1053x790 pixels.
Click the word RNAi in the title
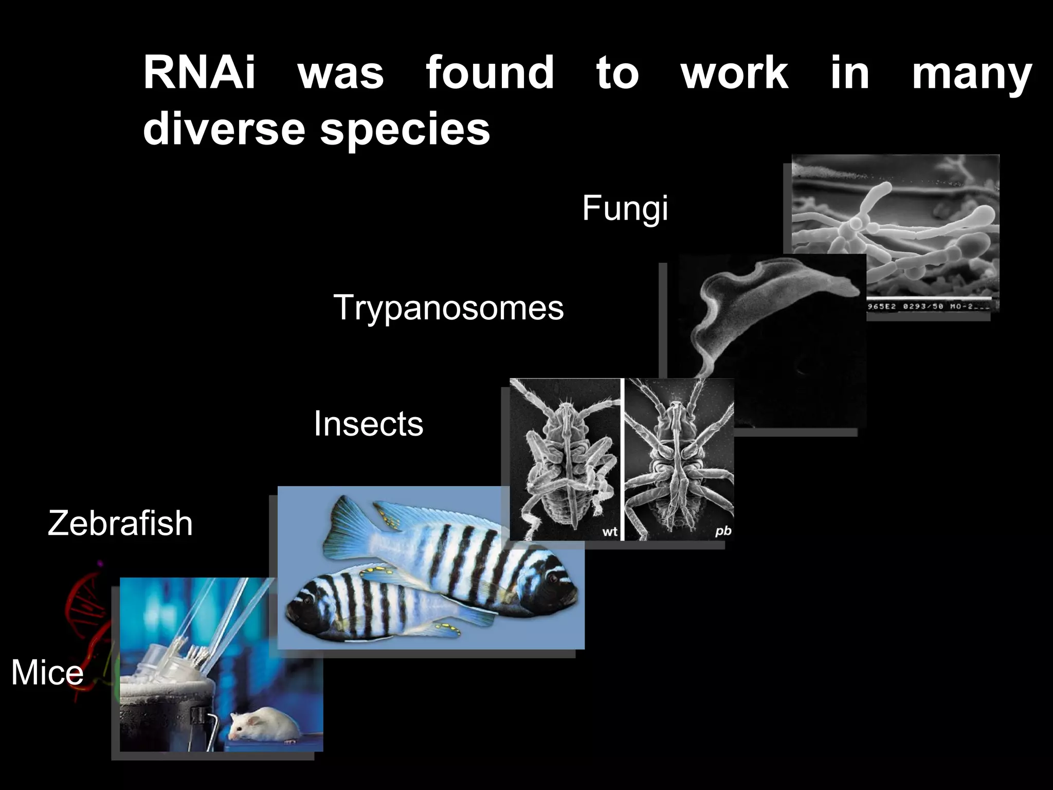point(199,73)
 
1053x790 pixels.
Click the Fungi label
point(625,208)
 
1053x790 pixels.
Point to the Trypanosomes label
point(448,308)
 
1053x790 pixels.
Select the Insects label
point(368,423)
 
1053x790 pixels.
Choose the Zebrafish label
point(120,523)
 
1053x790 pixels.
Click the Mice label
point(47,672)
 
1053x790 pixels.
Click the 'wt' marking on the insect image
point(610,532)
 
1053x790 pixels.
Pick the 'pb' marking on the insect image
point(723,531)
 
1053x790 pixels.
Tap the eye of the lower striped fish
point(307,600)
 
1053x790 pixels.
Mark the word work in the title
point(735,73)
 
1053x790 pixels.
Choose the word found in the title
point(490,73)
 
